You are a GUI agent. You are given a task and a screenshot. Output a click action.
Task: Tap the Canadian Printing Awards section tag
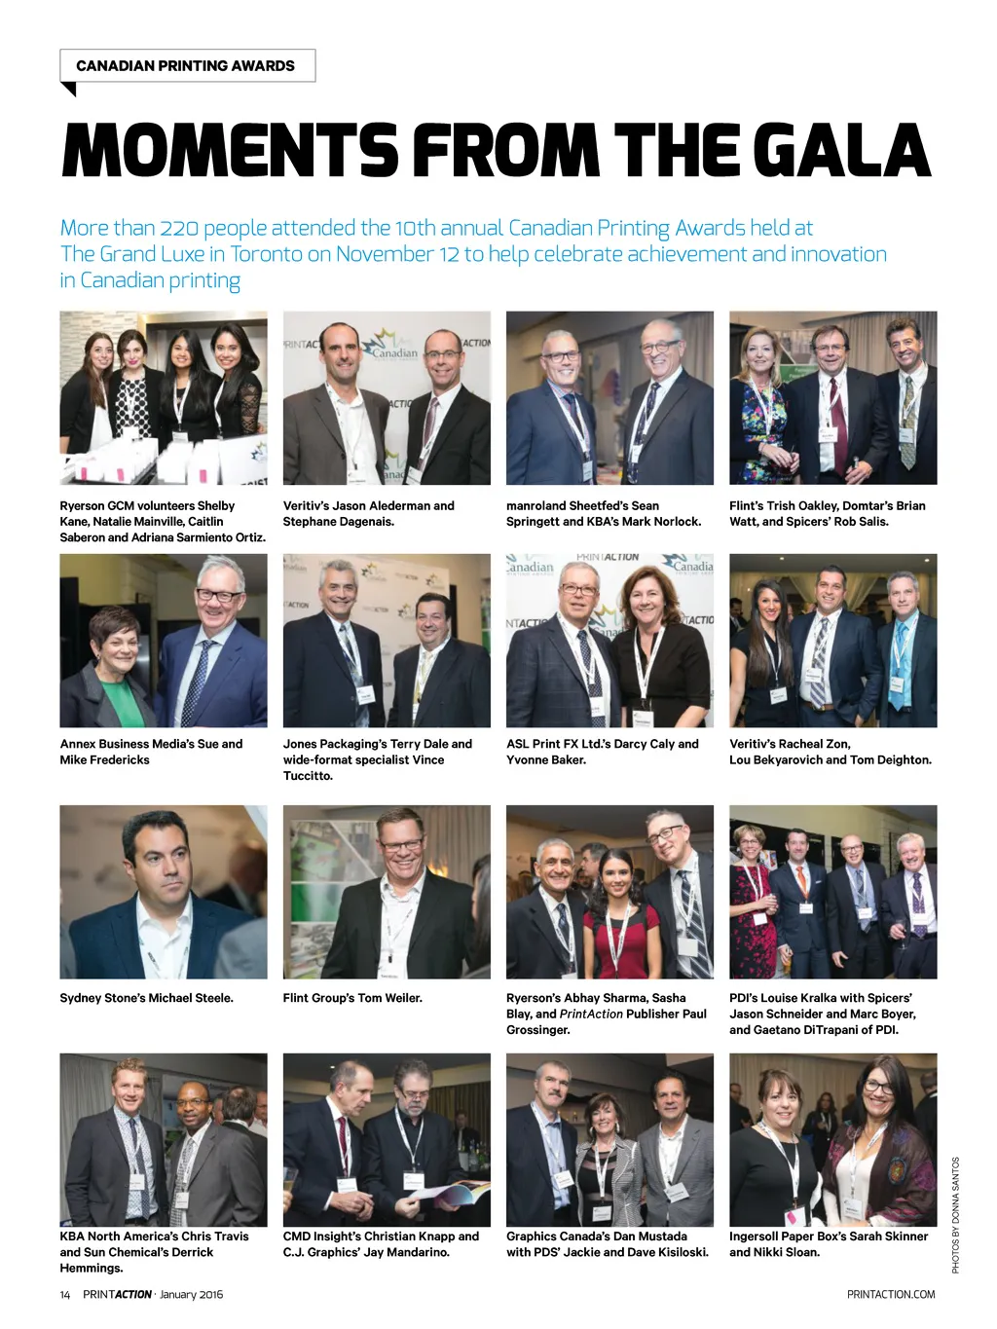(x=186, y=66)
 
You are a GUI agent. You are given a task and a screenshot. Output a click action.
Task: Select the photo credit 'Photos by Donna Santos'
(x=956, y=1214)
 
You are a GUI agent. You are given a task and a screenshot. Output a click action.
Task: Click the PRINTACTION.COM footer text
(x=891, y=1294)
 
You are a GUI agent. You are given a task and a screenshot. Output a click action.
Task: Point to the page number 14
(x=65, y=1294)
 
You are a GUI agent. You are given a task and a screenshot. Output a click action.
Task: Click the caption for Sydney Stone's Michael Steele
(x=146, y=998)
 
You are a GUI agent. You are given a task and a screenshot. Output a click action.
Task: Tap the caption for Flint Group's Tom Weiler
(x=352, y=998)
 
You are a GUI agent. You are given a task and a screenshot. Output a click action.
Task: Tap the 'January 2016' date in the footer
(x=191, y=1294)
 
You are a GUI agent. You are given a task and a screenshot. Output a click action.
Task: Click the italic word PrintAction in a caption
(x=591, y=1014)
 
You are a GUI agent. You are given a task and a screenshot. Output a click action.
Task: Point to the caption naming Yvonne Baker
(x=602, y=752)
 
